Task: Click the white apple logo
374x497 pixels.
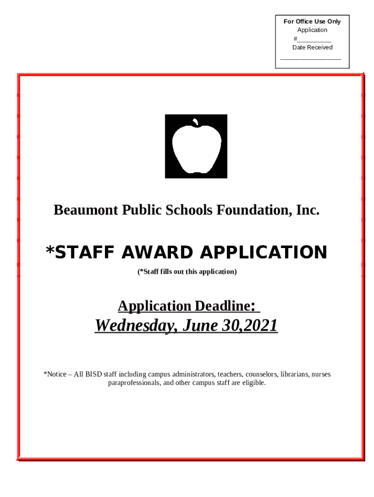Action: point(196,148)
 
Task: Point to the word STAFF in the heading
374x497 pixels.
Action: point(81,253)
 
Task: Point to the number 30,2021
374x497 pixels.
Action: point(250,326)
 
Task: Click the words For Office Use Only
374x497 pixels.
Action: point(312,21)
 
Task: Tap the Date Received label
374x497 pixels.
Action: point(312,48)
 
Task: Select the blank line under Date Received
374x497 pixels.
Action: point(311,58)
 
